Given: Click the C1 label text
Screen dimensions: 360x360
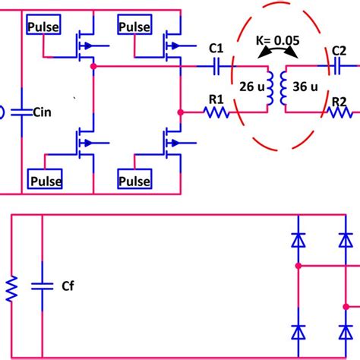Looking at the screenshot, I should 216,49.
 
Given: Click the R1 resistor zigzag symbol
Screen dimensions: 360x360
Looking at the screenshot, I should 216,112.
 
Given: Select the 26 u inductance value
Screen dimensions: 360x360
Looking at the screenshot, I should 251,86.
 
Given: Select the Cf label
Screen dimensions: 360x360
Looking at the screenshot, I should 66,286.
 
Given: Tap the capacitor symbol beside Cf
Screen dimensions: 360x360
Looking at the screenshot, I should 41,286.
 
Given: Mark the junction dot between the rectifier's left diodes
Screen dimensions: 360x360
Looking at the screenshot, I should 298,267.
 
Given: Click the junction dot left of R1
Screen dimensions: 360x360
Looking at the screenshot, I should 180,112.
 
